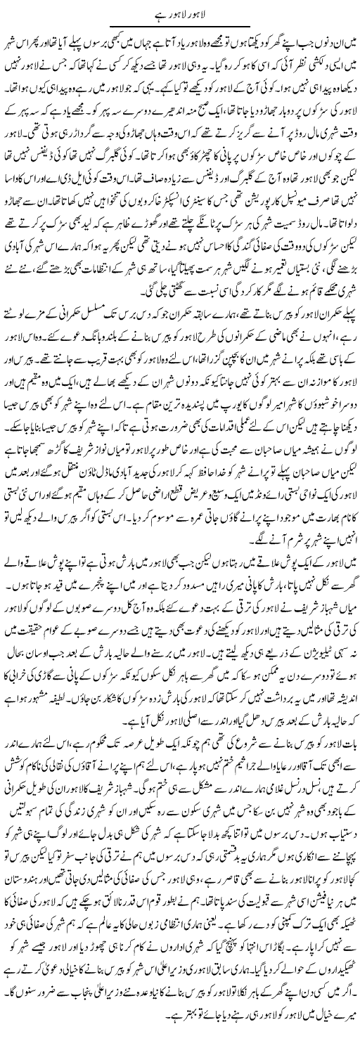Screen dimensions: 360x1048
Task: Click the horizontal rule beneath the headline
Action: point(180,27)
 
